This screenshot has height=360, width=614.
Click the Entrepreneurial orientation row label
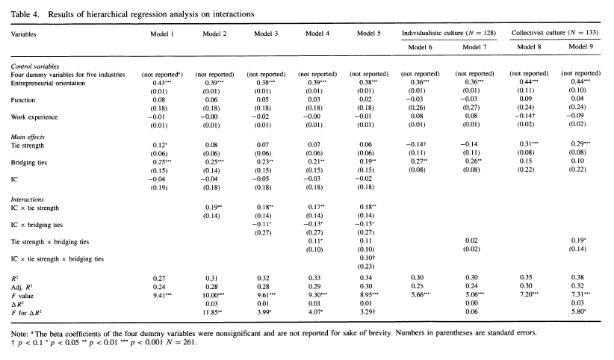(51, 84)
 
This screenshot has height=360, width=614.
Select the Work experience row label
(36, 117)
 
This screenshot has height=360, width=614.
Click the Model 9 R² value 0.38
(581, 277)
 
